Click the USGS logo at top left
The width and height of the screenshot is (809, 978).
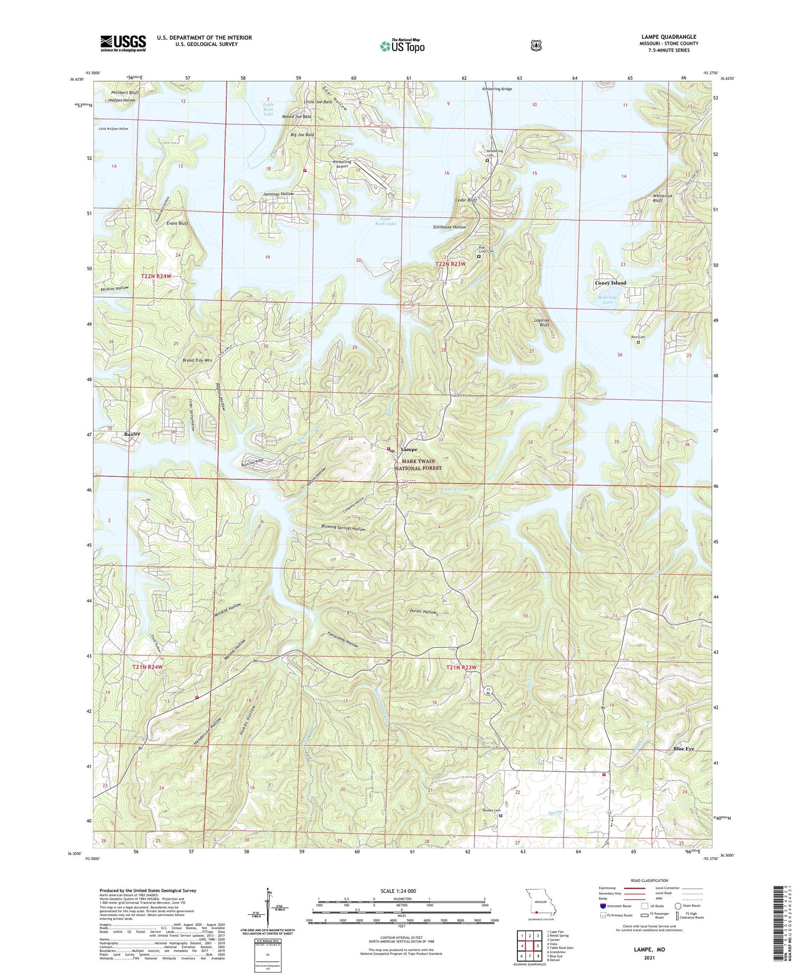123,43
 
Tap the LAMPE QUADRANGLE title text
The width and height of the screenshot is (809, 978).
668,37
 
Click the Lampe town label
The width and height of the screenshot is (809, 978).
409,449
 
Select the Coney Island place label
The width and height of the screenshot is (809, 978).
611,283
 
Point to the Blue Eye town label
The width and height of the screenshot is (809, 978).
683,749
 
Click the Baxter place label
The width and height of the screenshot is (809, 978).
132,434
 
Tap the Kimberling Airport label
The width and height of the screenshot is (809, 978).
342,164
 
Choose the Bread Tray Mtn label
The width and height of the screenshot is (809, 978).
197,360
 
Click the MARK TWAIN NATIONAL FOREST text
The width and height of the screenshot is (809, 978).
418,464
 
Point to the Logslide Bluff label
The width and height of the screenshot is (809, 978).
541,323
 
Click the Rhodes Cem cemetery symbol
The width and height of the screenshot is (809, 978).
501,816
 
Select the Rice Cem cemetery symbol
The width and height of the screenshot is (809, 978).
638,342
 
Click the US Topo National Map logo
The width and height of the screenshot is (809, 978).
402,46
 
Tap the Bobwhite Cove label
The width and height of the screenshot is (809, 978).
606,300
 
